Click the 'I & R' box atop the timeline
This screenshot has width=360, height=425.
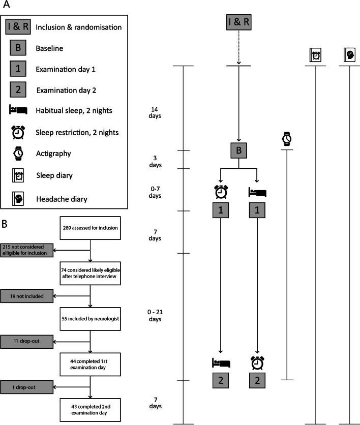239,22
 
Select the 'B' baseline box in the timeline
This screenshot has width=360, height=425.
238,150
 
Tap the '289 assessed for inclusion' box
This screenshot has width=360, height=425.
90,228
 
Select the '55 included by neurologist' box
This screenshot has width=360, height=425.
90,319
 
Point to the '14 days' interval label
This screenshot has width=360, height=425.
156,112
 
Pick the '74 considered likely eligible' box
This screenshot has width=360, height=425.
90,272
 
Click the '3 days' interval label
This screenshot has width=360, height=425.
156,162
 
